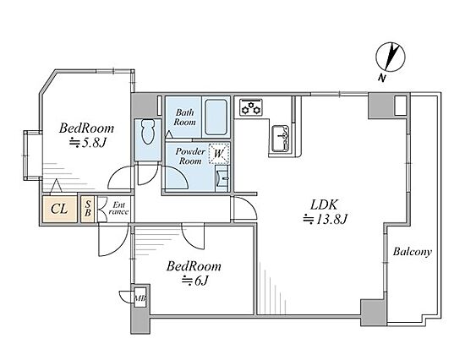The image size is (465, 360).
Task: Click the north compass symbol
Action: pos(391,57)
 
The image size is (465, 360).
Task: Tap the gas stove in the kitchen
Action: pos(251,107)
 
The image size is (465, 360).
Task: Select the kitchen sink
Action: pos(281,139)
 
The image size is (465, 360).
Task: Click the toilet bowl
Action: pos(148,131)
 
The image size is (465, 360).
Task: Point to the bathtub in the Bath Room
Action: pos(216,117)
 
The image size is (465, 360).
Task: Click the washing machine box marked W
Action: pos(219,153)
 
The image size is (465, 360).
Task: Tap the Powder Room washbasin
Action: pos(222,178)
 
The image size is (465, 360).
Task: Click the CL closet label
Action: pos(59,209)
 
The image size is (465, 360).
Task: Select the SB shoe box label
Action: pos(88,208)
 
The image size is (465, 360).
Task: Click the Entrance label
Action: pos(118,208)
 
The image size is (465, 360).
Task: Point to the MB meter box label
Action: pos(140,297)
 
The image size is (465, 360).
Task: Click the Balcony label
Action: pos(413,252)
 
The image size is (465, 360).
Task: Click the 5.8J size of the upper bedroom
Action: pos(88,143)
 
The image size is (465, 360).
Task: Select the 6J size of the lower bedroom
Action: pos(194,280)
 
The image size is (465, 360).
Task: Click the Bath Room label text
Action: pos(185,117)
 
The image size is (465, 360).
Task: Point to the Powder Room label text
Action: pos(190,156)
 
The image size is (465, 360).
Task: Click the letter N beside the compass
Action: pos(382,78)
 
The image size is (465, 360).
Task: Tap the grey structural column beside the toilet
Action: pos(144,106)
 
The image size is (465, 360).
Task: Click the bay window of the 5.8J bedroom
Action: pos(31,155)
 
